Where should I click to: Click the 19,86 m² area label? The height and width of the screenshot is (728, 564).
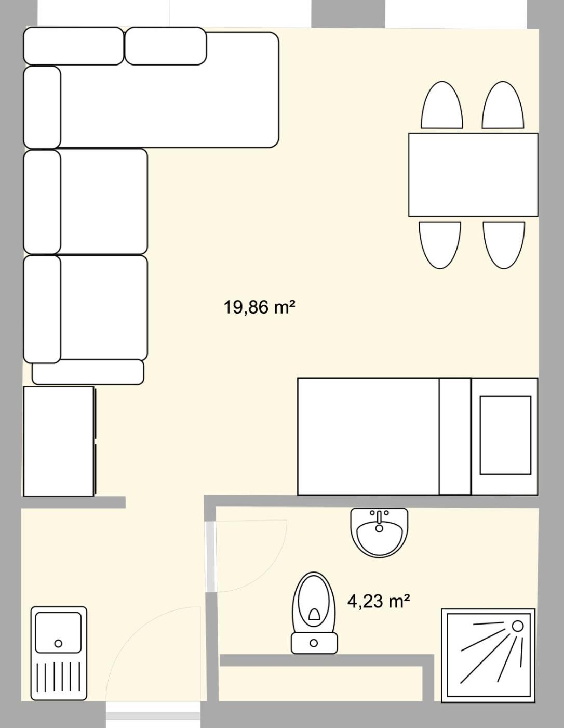click(259, 307)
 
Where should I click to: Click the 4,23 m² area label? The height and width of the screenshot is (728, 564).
click(379, 601)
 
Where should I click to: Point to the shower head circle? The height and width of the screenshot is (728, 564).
click(518, 626)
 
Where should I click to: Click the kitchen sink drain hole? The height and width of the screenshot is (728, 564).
click(58, 644)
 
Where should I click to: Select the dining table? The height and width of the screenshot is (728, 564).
click(473, 175)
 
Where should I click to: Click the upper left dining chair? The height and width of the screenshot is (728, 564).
click(442, 105)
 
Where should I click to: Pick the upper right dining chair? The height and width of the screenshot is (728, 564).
click(503, 105)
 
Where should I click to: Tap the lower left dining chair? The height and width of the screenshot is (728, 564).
click(440, 245)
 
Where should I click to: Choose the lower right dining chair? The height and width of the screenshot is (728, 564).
click(504, 245)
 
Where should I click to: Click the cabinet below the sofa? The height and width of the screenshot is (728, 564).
click(59, 441)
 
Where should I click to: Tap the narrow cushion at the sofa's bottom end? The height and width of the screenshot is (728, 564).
click(88, 372)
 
